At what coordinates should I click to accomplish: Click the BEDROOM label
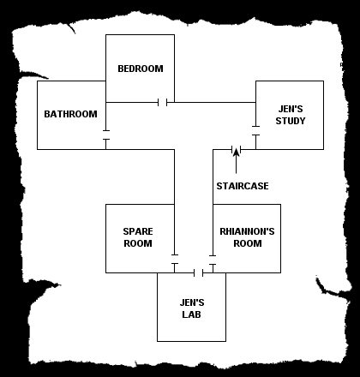(141, 69)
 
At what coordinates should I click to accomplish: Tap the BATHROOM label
(70, 114)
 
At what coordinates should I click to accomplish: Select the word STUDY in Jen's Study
(291, 121)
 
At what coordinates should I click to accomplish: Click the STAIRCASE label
(243, 186)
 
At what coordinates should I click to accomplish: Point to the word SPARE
(138, 231)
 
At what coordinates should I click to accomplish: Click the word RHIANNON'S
(247, 231)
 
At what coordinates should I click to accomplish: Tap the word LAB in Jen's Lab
(192, 314)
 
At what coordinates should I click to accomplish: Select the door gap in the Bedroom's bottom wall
(163, 102)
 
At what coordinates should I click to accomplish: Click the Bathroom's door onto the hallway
(106, 135)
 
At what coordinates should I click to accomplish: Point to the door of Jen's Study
(255, 130)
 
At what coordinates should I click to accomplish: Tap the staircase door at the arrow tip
(237, 149)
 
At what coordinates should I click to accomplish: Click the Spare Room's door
(175, 259)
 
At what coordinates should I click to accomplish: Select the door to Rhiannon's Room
(213, 260)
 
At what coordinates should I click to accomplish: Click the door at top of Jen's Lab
(199, 272)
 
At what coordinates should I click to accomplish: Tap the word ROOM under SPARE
(138, 243)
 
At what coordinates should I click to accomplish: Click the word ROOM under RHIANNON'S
(248, 243)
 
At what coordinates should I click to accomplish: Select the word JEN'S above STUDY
(291, 109)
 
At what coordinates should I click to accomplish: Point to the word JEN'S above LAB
(192, 302)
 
